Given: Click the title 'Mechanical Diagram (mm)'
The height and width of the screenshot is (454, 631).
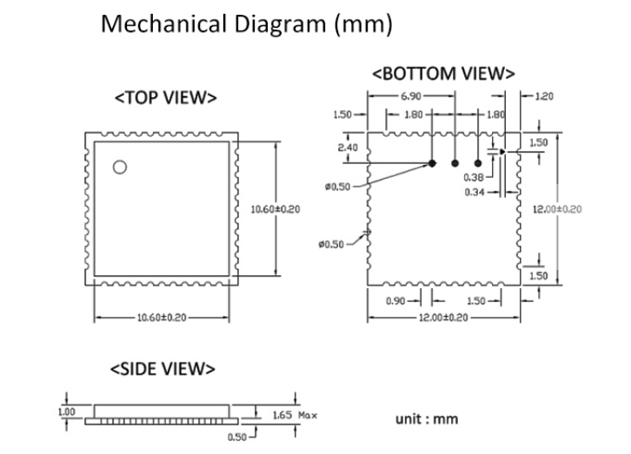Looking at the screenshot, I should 247,24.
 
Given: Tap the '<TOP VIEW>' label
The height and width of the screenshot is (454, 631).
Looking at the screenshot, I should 165,98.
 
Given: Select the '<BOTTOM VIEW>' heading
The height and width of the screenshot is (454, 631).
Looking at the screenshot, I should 443,74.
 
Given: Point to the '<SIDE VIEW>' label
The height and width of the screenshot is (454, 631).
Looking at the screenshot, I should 162,369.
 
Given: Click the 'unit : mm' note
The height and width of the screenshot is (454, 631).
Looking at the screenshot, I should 427,419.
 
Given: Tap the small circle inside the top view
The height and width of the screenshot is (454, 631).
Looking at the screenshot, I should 119,167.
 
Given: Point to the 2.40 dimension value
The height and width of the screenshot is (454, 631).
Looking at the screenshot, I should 347,148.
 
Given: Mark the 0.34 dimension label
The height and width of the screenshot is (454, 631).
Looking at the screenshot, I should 474,191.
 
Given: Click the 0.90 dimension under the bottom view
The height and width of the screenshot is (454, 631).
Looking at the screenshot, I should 395,300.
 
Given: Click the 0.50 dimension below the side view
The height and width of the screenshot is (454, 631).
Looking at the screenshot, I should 237,438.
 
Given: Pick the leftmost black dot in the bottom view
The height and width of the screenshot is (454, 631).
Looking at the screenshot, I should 432,162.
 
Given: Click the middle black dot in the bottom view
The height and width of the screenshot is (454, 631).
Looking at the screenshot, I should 455,162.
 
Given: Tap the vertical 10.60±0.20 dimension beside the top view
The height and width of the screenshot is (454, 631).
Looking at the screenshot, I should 275,209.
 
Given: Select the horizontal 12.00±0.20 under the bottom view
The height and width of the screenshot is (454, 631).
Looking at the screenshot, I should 443,318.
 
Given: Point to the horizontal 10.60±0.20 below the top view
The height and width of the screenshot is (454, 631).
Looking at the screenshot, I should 162,317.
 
